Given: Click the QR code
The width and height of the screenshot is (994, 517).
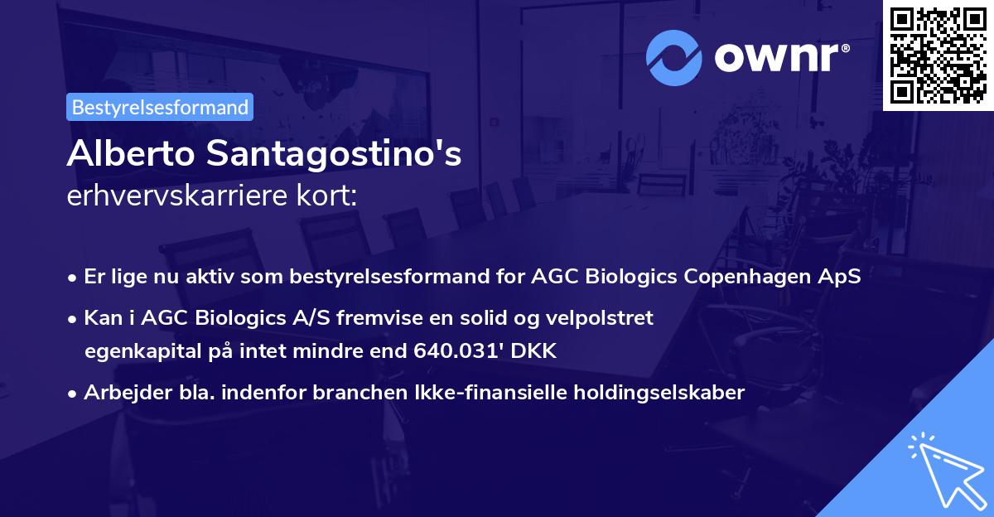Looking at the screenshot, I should pos(938,55).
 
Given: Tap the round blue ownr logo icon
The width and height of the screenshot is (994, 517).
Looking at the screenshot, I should pos(674,58).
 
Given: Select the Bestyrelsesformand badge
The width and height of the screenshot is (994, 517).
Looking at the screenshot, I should pos(160,107).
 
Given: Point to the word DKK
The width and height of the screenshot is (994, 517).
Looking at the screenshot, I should pos(535,351).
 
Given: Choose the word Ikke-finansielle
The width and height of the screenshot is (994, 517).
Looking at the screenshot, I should pos(446,393).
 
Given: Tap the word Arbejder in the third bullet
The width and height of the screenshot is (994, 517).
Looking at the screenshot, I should pos(120,393).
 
